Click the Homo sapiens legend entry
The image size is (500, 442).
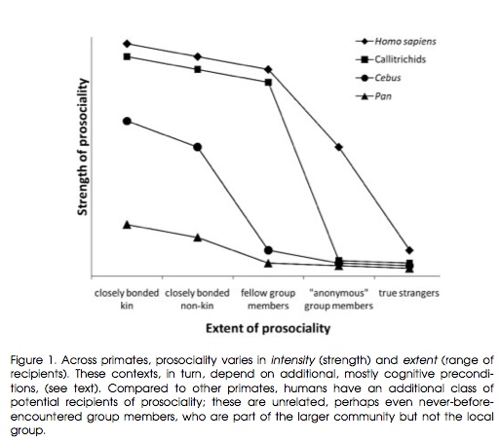(x=396, y=42)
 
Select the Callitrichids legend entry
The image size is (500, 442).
(x=391, y=59)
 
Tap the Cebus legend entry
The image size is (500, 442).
(x=378, y=78)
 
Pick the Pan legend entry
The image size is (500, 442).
(x=373, y=96)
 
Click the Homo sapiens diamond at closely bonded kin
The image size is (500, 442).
(x=127, y=44)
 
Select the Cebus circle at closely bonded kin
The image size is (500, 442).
(x=127, y=122)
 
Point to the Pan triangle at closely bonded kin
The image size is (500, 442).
(x=127, y=225)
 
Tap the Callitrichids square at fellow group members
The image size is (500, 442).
(x=268, y=83)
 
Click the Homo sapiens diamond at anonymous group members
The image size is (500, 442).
(x=339, y=147)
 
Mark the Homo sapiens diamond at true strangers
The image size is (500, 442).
(x=409, y=250)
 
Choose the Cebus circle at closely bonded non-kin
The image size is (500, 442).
(x=198, y=147)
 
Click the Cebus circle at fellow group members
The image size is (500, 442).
(x=268, y=250)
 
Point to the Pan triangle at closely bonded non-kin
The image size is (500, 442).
(x=198, y=238)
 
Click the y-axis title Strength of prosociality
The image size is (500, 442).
(x=83, y=147)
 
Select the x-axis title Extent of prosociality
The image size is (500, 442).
(x=268, y=328)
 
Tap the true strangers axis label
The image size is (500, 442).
(x=408, y=293)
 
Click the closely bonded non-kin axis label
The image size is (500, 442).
(x=197, y=299)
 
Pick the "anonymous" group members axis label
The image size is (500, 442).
(x=338, y=299)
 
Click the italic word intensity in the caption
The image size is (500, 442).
(x=292, y=360)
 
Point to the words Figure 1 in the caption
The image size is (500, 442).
(x=34, y=360)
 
